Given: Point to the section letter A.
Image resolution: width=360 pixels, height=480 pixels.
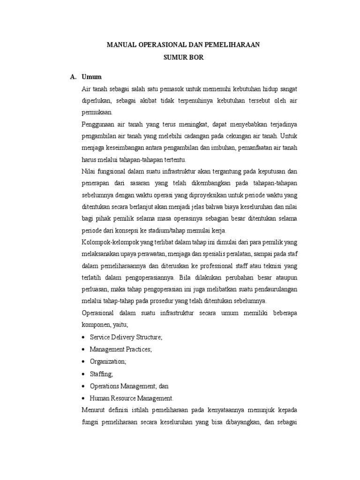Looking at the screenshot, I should tap(73, 76).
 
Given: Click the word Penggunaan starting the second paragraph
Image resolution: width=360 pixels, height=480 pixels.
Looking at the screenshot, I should tap(98, 124).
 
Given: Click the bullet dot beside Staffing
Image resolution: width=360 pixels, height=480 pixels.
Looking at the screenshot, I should tap(83, 374).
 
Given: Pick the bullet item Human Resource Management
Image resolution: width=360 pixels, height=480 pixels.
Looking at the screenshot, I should tap(131, 397).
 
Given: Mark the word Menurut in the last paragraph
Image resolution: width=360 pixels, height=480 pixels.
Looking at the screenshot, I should tap(94, 410).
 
